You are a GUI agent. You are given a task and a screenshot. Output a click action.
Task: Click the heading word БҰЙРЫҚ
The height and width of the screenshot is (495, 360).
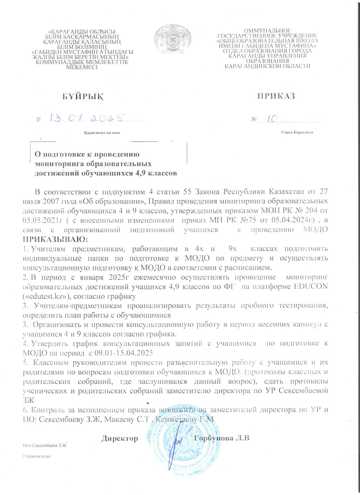(83, 97)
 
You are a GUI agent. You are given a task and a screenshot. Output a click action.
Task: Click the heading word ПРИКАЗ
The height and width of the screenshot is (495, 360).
(276, 96)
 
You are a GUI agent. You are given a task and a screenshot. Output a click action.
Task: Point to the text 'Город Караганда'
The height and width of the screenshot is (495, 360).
(297, 132)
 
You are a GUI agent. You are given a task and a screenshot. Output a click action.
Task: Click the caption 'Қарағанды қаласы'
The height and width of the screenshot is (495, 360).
(102, 133)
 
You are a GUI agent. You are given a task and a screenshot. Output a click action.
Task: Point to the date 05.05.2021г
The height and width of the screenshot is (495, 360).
(41, 220)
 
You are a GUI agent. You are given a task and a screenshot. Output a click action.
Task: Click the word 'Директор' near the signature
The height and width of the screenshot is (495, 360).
(120, 438)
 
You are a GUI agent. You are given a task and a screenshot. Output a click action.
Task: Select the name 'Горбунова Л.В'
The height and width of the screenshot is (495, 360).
(222, 438)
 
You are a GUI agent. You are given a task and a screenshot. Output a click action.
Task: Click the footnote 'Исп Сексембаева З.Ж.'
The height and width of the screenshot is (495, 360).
(45, 445)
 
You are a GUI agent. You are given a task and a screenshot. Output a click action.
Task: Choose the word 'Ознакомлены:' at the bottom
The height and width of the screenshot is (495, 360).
(37, 456)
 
